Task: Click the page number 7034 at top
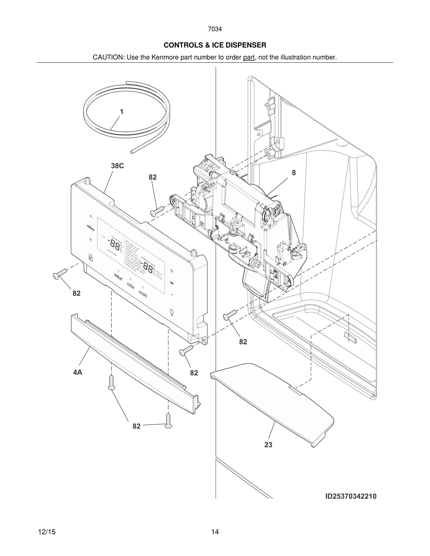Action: pos(215,29)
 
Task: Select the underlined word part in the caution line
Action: pos(249,58)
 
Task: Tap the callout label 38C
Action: pos(117,166)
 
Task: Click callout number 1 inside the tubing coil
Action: pos(122,112)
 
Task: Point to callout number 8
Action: pos(294,173)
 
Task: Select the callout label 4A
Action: pos(78,373)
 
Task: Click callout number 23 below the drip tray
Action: pos(268,445)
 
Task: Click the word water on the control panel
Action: pos(119,277)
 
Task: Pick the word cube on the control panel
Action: pos(131,286)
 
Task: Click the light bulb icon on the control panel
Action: pos(172,312)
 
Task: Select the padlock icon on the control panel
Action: pos(90,257)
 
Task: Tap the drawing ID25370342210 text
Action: pos(351,496)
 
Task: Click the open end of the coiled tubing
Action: pos(131,152)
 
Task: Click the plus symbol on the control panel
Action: pos(172,271)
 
